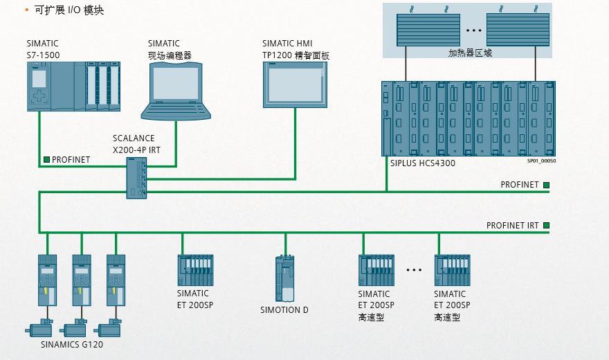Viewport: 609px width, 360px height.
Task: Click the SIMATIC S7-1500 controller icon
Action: [73, 86]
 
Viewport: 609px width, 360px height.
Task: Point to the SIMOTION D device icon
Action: [284, 278]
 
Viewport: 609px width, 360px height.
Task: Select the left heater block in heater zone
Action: [428, 30]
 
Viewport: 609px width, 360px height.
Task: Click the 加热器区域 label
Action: [470, 53]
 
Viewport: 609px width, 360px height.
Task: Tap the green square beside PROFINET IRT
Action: [546, 226]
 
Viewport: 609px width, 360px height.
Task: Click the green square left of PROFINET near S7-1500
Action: [46, 160]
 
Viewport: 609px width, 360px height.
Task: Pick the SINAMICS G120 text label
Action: [72, 344]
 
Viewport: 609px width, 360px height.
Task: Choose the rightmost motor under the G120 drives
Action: [109, 330]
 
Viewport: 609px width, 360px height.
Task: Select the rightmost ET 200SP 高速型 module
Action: [452, 269]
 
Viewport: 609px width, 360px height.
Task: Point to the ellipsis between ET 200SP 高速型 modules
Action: [414, 270]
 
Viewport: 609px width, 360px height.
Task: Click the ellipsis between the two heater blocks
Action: [473, 30]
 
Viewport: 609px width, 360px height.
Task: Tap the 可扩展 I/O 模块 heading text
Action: [69, 10]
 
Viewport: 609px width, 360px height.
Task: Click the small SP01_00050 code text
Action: [541, 161]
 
